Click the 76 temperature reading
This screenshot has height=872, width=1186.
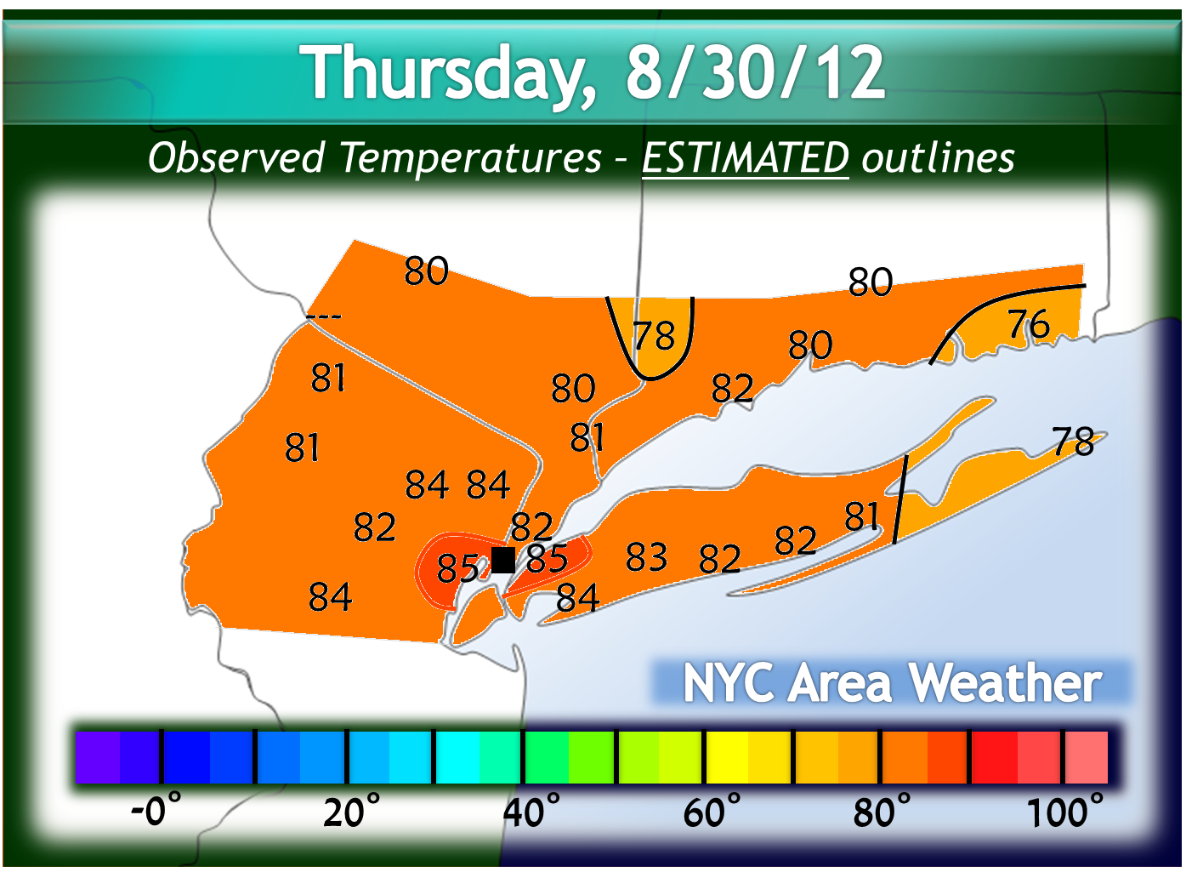click(1029, 325)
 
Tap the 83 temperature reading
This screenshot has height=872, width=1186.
click(646, 558)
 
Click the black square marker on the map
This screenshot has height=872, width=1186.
click(503, 560)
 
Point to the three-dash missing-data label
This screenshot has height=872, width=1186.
click(324, 317)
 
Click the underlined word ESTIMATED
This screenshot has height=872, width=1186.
click(745, 158)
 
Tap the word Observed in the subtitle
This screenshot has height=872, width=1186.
click(236, 158)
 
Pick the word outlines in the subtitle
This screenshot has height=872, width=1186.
click(938, 158)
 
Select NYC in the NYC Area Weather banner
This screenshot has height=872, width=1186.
click(729, 683)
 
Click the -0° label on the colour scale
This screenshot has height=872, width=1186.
click(156, 810)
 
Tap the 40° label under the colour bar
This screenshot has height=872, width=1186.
click(531, 812)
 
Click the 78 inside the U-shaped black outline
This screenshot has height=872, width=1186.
click(654, 337)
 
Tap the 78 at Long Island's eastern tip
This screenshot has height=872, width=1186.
click(1073, 442)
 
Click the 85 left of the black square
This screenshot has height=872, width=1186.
click(457, 568)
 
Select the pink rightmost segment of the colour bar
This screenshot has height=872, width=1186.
click(1087, 757)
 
